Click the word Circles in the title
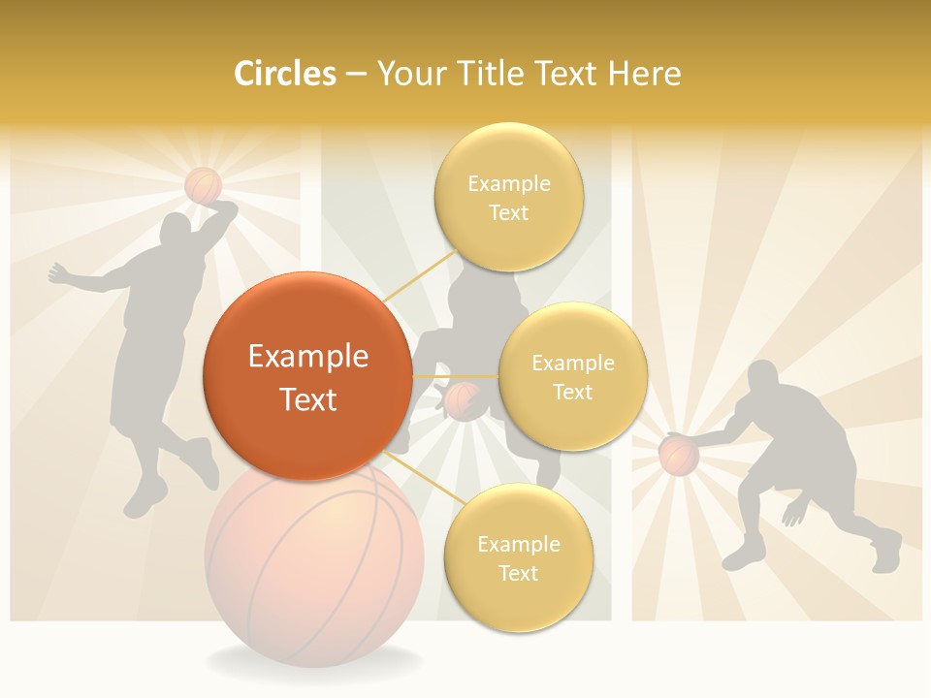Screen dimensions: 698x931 coord(285,74)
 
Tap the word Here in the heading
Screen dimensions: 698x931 coord(644,74)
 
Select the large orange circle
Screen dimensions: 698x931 coord(307,376)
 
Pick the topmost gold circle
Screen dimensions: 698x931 coord(508,197)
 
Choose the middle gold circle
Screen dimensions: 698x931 coord(572,376)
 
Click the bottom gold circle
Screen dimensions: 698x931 coord(518,557)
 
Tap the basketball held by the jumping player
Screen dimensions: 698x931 coord(203,184)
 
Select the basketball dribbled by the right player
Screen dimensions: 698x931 coord(679,455)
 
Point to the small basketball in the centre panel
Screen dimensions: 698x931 coord(463,400)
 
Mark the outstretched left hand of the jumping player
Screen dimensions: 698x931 coord(56,273)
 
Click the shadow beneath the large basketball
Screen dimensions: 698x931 coord(315,663)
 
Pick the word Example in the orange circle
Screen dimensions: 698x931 coord(307,357)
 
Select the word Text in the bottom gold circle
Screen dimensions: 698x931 coord(518,573)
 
